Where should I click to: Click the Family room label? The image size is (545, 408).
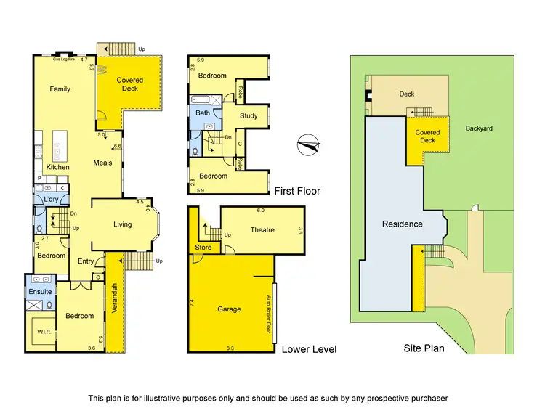coord(60,89)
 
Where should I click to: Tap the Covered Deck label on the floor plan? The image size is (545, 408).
coord(132,84)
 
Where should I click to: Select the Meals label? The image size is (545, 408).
coord(103,163)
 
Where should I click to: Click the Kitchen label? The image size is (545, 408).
coord(58,167)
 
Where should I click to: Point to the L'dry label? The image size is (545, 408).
coord(51,199)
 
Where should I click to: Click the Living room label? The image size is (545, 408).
coord(123,224)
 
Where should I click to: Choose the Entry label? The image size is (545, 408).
coord(86,261)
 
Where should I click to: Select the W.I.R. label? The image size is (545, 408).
coord(39,334)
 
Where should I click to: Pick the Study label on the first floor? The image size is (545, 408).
coord(249,116)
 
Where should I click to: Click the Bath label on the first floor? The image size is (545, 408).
coord(203,113)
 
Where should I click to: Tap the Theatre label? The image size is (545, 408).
coord(262,230)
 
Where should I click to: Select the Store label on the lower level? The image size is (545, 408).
coord(203,248)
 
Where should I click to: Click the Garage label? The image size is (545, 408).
coord(230,309)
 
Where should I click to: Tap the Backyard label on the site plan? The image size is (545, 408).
coord(479,128)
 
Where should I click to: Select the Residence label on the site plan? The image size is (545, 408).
coord(403,224)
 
